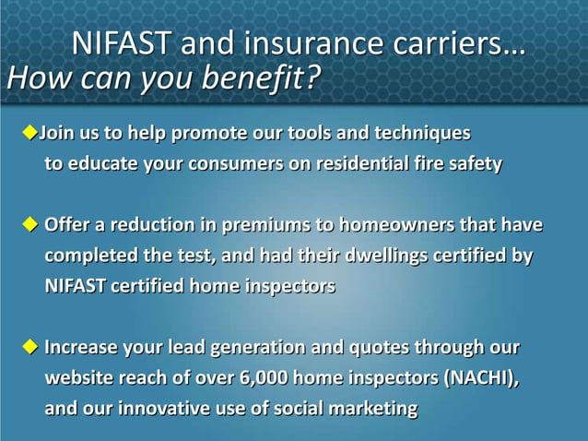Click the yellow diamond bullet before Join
(29, 134)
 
